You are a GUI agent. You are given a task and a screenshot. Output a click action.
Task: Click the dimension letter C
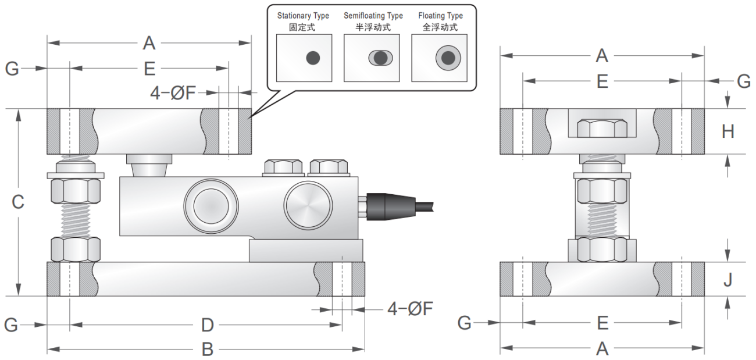pos(18,202)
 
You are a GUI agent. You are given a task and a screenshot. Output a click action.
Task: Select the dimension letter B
pos(207,350)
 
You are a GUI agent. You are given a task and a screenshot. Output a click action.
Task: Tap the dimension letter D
pos(207,324)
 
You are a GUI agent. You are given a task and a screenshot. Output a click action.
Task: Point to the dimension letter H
pos(728,132)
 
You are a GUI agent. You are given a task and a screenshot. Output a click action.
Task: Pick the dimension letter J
pos(728,280)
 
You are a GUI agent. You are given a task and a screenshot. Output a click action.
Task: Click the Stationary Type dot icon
pos(313,58)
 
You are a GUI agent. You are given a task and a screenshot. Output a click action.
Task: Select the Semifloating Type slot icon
pos(380,58)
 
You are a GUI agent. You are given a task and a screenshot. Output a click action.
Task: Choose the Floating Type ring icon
pos(448,58)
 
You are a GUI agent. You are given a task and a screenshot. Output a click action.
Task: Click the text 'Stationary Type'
pos(303,16)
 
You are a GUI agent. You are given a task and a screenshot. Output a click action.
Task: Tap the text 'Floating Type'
pos(440,16)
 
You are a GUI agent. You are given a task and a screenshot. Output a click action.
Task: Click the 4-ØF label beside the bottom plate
pos(411,309)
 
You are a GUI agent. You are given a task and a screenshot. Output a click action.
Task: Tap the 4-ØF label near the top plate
pos(173,92)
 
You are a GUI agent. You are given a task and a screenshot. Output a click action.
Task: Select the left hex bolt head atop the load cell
pos(282,167)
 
